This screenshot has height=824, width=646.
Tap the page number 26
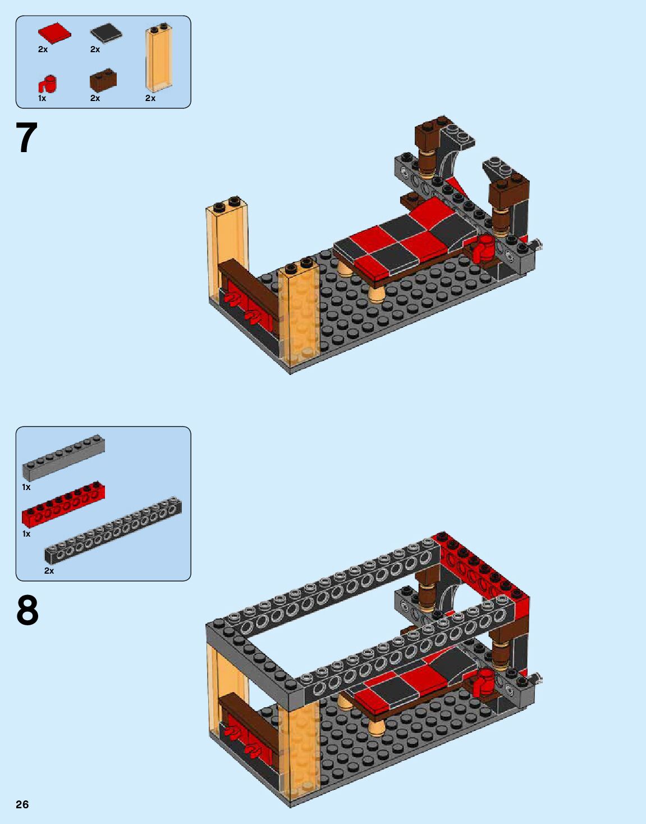tap(22, 804)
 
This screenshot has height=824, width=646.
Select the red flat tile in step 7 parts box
tap(54, 33)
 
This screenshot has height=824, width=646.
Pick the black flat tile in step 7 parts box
tap(106, 33)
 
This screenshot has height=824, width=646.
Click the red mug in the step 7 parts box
tap(47, 84)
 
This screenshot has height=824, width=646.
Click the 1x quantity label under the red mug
tap(42, 98)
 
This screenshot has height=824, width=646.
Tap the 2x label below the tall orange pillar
tap(150, 98)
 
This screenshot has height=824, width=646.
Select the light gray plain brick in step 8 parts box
tap(63, 457)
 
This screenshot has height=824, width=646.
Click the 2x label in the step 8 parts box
tap(49, 571)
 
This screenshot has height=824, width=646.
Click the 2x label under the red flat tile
tap(43, 49)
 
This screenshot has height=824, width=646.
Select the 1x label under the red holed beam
tap(26, 534)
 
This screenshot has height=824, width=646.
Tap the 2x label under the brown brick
tap(95, 98)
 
